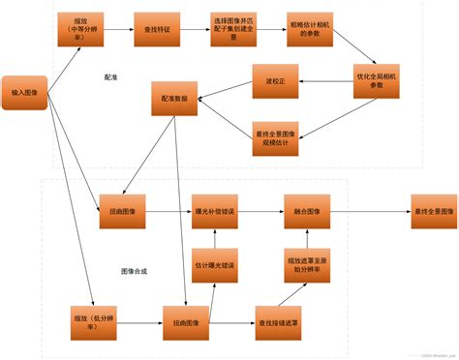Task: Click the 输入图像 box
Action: (x=25, y=92)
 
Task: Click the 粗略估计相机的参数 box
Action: (x=311, y=30)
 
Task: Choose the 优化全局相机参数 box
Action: (x=376, y=78)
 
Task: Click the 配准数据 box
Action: (x=175, y=98)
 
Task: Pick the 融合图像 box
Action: (x=307, y=211)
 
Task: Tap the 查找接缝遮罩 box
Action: (x=280, y=319)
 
